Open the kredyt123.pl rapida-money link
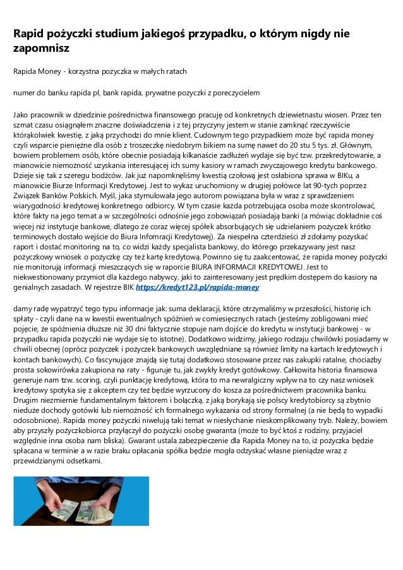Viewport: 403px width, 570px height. point(198,287)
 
